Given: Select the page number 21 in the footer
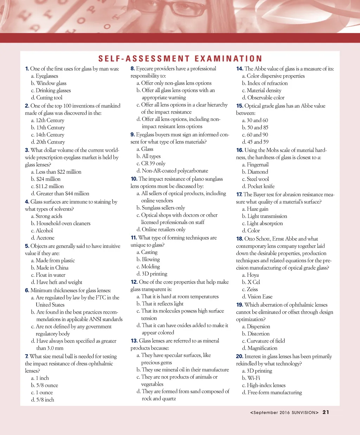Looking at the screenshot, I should (326, 412).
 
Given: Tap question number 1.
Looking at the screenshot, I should (27, 69).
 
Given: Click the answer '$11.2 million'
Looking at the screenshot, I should (47, 186).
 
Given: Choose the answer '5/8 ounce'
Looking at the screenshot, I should (45, 385).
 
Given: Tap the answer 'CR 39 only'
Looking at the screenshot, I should (151, 164).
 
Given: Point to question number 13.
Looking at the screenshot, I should (134, 341).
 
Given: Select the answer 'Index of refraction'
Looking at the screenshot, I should (265, 83).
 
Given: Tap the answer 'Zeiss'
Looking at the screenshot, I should (250, 289).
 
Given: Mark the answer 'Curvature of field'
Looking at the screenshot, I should (263, 341).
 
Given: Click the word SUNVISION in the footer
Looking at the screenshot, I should (305, 412).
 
